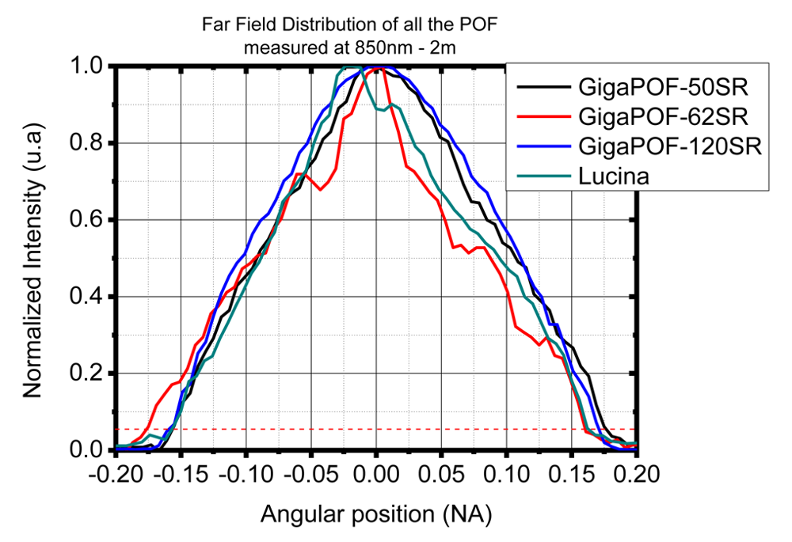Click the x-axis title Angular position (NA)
pyautogui.click(x=376, y=515)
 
